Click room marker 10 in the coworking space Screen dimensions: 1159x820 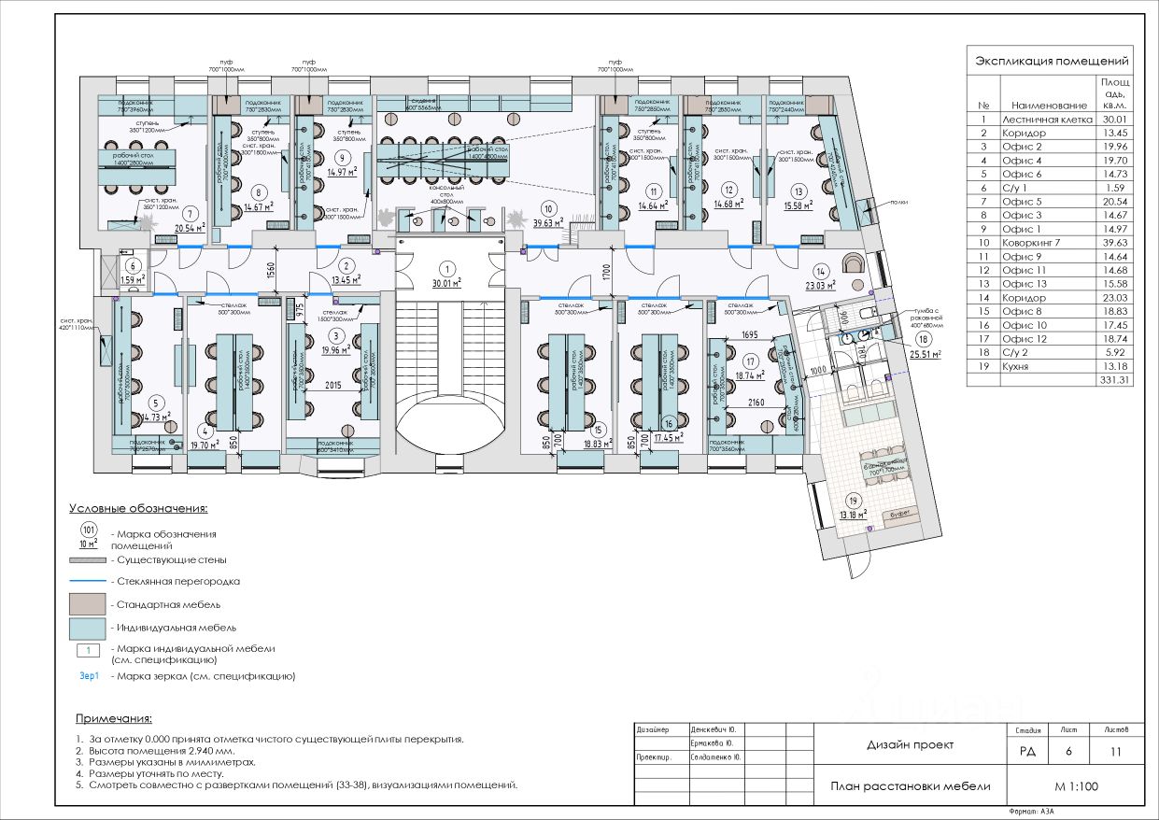point(548,209)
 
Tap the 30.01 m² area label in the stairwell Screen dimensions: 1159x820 point(449,283)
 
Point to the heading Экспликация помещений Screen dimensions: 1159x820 point(1052,61)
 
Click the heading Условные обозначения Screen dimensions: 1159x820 point(138,509)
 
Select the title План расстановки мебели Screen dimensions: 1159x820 point(910,786)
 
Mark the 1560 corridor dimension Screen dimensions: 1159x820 point(271,273)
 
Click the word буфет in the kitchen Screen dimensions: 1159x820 point(901,513)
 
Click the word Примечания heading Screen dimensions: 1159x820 point(113,718)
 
